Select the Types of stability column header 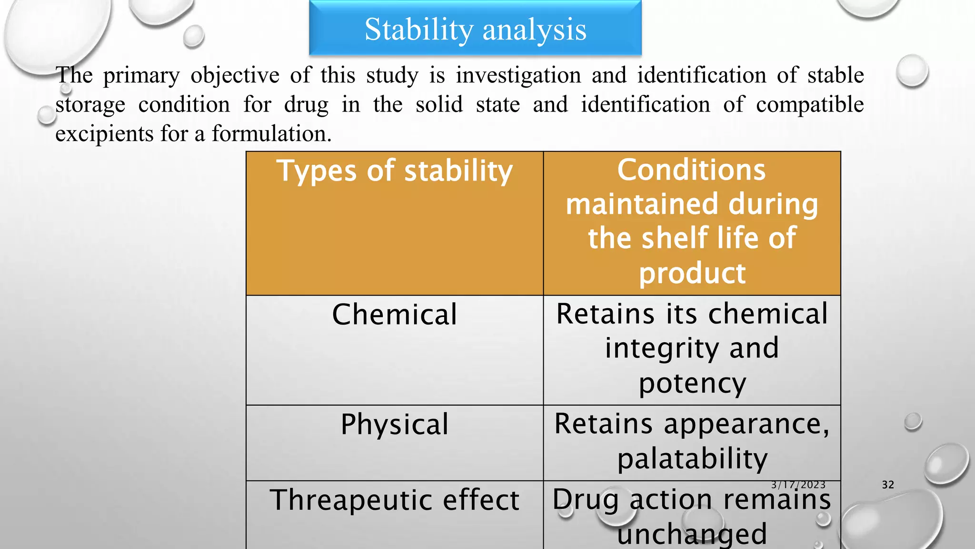click(x=394, y=172)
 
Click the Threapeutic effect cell click(x=394, y=500)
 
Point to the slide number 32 click(x=888, y=485)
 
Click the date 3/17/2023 click(x=798, y=485)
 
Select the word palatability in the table click(x=692, y=459)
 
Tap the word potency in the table click(x=692, y=384)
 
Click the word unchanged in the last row click(x=692, y=535)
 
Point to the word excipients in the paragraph click(x=104, y=134)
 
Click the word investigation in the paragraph click(x=518, y=75)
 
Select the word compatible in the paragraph click(x=809, y=105)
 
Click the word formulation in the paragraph click(x=271, y=134)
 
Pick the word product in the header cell click(x=692, y=274)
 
